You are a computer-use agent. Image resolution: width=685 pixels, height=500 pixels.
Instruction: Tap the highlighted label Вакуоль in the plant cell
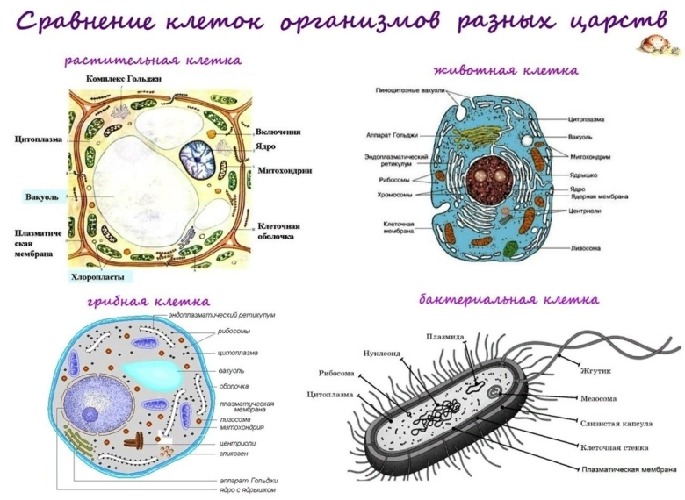pos(42,196)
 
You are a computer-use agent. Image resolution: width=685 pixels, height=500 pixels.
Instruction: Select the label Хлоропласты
pos(97,276)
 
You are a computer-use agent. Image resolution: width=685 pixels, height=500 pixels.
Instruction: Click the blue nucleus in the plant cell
pos(198,161)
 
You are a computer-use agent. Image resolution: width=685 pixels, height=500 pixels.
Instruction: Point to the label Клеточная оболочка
pos(278,232)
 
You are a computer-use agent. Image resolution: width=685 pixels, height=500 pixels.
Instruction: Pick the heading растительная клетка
pos(153,60)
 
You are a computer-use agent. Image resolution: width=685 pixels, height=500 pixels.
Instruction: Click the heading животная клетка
pos(506,70)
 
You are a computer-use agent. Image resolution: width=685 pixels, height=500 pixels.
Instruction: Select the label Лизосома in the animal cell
pos(586,248)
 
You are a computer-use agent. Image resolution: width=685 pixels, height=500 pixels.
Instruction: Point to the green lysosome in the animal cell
pos(510,249)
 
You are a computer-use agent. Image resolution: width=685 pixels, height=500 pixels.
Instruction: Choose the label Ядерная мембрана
pos(599,196)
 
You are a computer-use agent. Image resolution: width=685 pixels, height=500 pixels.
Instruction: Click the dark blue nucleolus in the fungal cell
pos(90,414)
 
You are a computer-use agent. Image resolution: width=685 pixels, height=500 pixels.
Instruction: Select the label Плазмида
pos(444,336)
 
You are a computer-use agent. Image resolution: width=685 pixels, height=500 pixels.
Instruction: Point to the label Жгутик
pos(595,371)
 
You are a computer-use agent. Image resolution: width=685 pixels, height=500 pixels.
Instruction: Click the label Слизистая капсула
pos(616,423)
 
